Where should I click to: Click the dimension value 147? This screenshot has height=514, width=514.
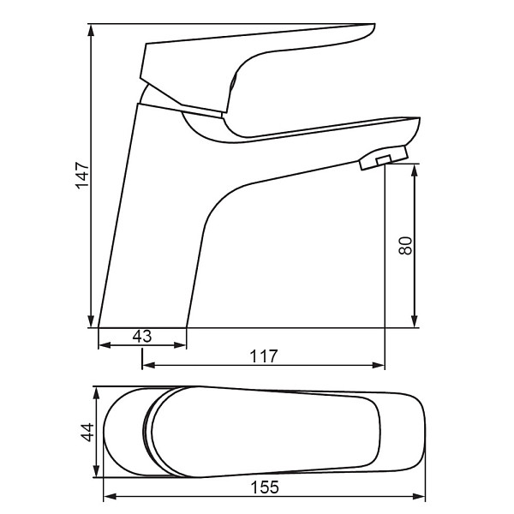[x=82, y=176]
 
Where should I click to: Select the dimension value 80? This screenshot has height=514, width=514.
[x=405, y=246]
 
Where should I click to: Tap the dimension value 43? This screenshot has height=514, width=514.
[x=142, y=337]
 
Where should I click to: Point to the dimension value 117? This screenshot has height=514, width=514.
[x=264, y=356]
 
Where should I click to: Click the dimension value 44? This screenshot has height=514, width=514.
[x=87, y=433]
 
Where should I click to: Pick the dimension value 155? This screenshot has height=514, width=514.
[x=265, y=487]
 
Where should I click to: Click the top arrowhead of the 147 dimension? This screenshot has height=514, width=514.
[x=91, y=30]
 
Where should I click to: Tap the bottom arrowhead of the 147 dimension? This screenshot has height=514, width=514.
[x=91, y=321]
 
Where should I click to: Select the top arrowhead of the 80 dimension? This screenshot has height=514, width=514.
[x=415, y=170]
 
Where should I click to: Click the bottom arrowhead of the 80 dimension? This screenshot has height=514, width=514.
[x=415, y=321]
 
